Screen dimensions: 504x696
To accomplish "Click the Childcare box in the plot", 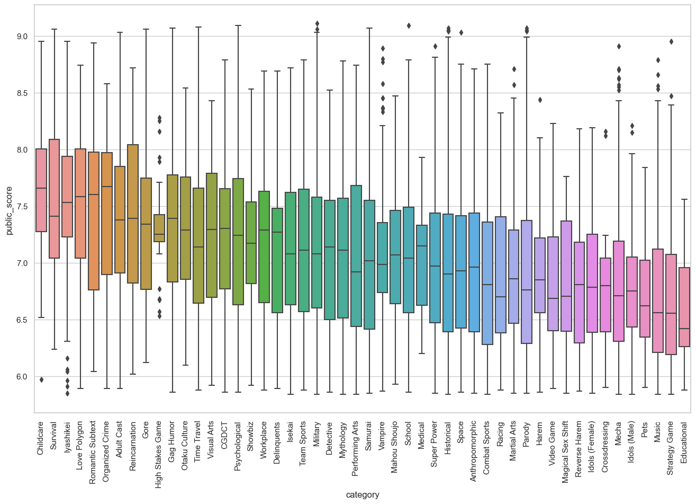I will (41, 190).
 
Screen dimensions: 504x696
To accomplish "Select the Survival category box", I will (54, 199).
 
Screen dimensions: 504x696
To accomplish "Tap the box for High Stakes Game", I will (159, 228).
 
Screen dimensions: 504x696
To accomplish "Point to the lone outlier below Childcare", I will (41, 379).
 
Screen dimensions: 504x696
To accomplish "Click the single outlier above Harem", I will (540, 100).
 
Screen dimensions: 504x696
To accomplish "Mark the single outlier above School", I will (409, 25).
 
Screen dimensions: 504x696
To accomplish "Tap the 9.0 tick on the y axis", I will (24, 37).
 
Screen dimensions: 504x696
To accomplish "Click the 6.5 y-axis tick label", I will (24, 320).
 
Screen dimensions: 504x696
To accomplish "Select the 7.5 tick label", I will (24, 206).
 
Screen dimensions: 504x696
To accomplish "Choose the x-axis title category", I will (363, 495).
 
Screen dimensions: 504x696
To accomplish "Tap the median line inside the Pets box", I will (645, 306).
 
